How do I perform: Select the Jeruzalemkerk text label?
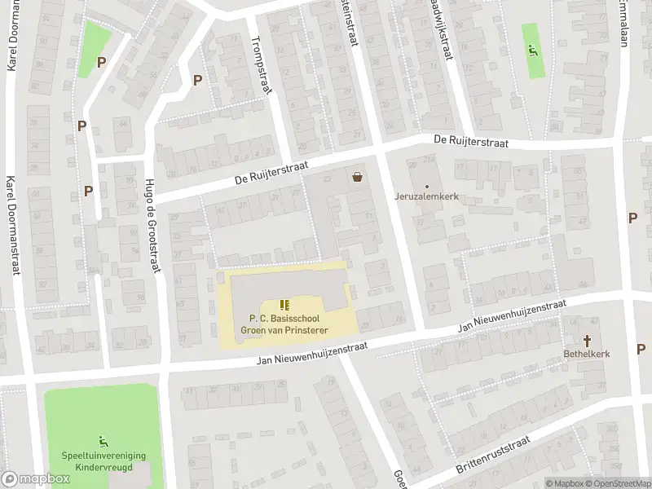[x=427, y=196]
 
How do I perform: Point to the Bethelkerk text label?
[x=587, y=354]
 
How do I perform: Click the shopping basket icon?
[x=357, y=176]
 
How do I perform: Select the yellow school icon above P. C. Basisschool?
[x=284, y=304]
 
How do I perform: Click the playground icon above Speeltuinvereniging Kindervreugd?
[x=103, y=441]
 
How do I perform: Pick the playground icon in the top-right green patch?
[x=535, y=51]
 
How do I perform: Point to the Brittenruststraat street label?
[x=493, y=455]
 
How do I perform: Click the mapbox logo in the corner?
[x=36, y=478]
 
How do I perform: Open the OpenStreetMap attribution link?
[x=619, y=483]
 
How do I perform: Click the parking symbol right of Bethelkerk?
[x=641, y=349]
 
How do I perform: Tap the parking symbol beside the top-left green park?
[x=101, y=62]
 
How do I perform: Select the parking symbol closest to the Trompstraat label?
[x=197, y=80]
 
